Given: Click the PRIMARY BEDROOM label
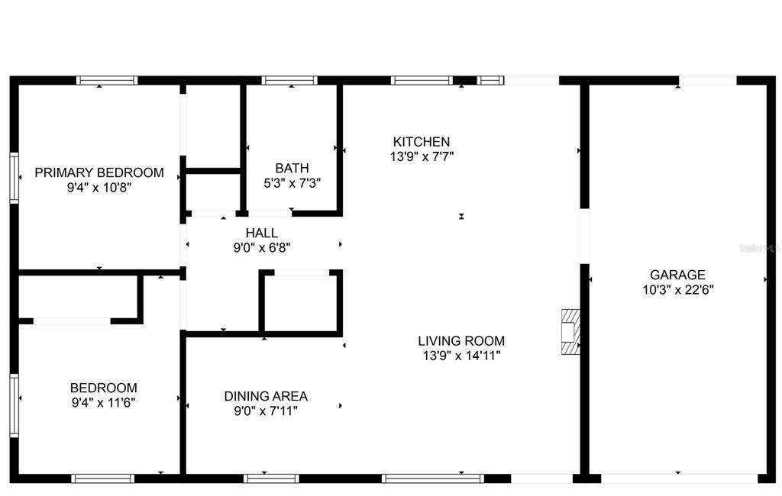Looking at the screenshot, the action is [x=99, y=172].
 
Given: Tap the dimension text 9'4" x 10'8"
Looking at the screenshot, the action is [x=99, y=188].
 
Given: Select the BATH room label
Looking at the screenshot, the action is [x=292, y=168].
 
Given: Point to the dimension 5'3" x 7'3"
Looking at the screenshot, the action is [x=292, y=183].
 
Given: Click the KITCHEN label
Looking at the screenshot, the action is [x=422, y=142].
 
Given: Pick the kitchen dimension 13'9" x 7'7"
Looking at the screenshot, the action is [x=422, y=156].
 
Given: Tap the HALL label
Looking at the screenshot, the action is [x=262, y=233].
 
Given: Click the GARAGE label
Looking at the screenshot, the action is [x=678, y=275].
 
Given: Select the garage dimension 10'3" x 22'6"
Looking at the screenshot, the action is [x=678, y=290].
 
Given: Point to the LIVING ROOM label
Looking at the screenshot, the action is [x=461, y=341].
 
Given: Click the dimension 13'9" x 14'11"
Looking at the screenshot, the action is [x=461, y=356].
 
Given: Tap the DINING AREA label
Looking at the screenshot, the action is [x=266, y=396].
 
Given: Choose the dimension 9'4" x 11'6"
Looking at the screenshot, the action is [x=103, y=403].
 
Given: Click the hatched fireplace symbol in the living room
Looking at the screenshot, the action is [x=570, y=331].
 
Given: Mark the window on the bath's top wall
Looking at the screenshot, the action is [x=289, y=80].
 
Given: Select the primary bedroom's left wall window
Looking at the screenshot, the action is [x=14, y=178].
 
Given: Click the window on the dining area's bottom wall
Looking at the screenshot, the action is [x=271, y=478].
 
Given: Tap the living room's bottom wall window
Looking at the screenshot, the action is [x=433, y=478].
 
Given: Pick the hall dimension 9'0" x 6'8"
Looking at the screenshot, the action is [x=262, y=248].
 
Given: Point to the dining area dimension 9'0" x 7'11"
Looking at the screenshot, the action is [x=266, y=411].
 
